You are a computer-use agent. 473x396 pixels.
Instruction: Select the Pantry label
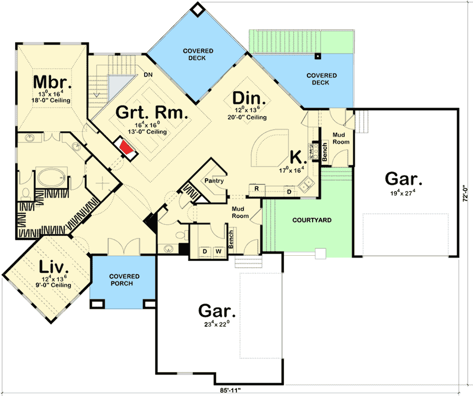coord(214,181)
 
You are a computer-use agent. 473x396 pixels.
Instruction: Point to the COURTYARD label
coord(312,220)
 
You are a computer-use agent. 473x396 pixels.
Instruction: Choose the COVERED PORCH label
coord(124,280)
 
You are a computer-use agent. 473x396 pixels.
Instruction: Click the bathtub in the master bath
coord(50,178)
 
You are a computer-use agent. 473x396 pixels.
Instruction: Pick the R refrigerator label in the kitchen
coord(256,189)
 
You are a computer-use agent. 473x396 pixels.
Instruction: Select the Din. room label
coord(250,98)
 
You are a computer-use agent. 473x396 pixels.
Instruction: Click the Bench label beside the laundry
coord(230,238)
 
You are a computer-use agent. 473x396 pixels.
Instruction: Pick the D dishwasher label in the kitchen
coord(289,191)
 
